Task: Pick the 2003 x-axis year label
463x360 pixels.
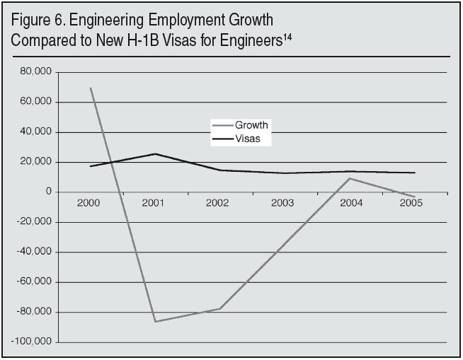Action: tap(284, 202)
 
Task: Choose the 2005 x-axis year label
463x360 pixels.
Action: tap(413, 202)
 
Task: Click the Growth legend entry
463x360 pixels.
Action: tap(251, 125)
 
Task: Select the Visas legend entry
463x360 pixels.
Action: tap(248, 139)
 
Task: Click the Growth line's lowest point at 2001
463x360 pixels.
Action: tap(155, 322)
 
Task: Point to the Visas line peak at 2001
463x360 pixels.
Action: tap(155, 153)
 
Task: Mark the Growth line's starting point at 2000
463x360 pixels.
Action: tap(91, 88)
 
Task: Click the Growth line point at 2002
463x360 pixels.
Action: tap(220, 308)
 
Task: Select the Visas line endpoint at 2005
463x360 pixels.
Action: tap(414, 173)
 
